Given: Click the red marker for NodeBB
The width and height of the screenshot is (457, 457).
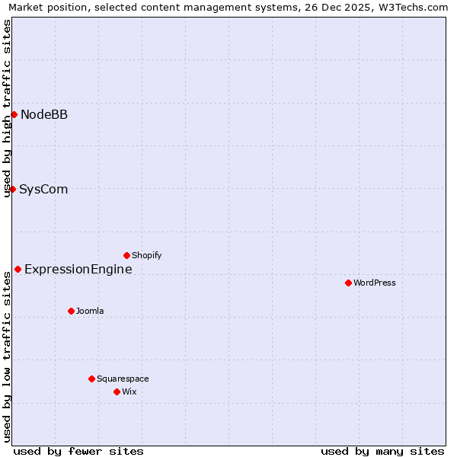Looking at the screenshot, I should click(14, 114).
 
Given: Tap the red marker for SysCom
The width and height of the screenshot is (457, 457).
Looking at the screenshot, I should click(12, 189).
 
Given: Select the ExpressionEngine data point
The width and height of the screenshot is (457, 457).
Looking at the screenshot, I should click(18, 269).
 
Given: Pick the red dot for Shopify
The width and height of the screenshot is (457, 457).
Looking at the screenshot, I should click(126, 255).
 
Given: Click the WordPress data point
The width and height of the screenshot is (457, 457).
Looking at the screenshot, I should click(348, 283).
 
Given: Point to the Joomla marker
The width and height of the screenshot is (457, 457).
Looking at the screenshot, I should click(71, 311).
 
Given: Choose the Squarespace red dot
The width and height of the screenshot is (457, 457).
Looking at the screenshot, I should click(91, 379).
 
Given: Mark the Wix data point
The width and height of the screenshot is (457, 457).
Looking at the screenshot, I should click(117, 391).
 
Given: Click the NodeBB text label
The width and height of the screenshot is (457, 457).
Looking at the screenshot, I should click(44, 115).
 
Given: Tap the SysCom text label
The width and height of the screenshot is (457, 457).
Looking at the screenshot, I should click(43, 190).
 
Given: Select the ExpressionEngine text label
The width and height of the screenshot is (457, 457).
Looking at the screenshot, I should click(78, 270).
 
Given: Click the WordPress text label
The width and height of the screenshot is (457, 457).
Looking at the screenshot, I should click(374, 283).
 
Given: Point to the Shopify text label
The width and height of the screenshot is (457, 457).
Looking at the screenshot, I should click(146, 256).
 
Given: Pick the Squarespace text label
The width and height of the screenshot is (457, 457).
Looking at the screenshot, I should click(123, 379).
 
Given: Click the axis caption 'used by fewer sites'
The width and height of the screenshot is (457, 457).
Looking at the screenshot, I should click(78, 451).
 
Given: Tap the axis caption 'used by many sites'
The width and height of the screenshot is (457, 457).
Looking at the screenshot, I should click(382, 451).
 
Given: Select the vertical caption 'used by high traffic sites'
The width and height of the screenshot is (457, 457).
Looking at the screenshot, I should click(7, 108).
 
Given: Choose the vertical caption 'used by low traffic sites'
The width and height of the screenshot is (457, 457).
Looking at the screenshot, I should click(7, 358).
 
